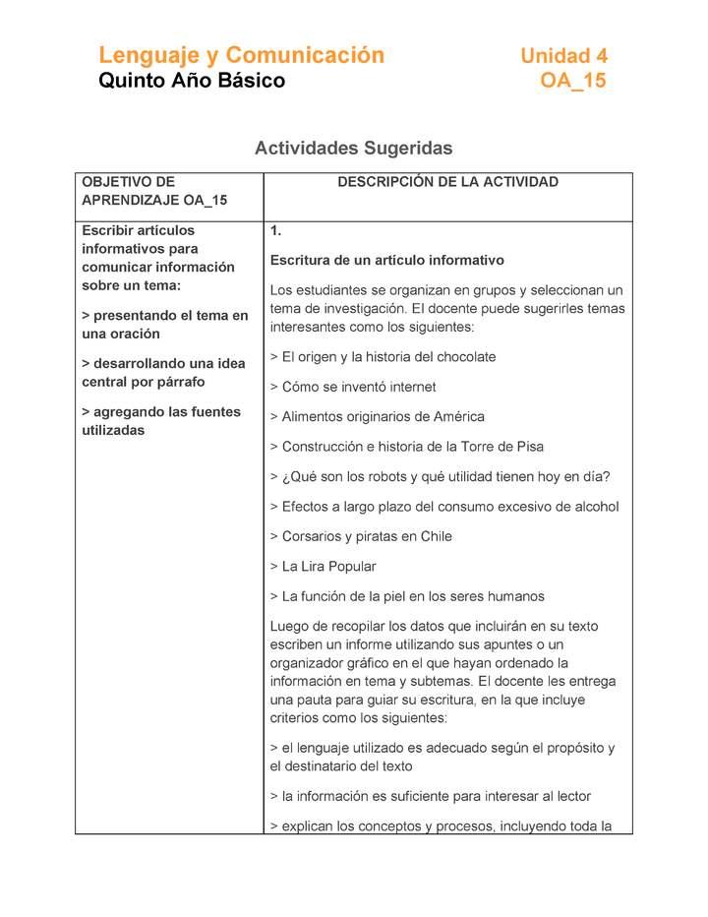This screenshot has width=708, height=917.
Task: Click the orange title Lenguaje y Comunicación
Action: pos(241,55)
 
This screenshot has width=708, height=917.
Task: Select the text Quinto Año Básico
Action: pos(192,81)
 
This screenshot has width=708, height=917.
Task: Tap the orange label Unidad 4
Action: pos(563,56)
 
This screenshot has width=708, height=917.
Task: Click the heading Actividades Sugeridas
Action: pos(353,149)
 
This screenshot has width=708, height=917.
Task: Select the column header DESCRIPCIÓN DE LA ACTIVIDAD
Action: pos(447,182)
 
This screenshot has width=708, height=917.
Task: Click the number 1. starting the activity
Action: pos(276,231)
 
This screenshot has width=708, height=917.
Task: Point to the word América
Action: pos(457,417)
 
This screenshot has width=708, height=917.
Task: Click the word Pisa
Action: pos(529,447)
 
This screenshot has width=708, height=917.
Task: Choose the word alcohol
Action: pos(595,508)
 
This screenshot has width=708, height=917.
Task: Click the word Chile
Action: pos(434,537)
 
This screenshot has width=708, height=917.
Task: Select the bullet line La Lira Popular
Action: pos(327,567)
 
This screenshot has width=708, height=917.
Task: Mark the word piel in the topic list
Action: pos(404,596)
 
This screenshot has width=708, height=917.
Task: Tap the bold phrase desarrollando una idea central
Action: pos(162,373)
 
